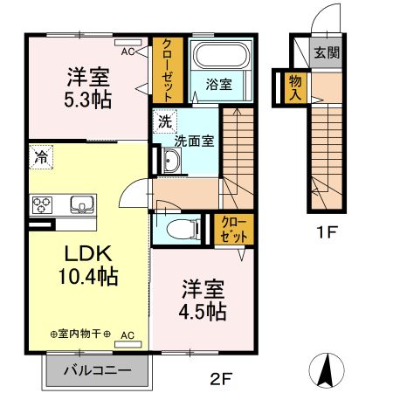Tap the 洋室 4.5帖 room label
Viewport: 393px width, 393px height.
click(204, 299)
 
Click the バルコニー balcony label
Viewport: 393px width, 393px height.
click(98, 369)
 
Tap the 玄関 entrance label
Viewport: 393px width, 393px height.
click(327, 52)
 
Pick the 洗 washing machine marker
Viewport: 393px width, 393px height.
click(163, 121)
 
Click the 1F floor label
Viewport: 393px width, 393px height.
click(327, 233)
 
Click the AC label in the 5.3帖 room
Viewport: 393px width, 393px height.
click(128, 52)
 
